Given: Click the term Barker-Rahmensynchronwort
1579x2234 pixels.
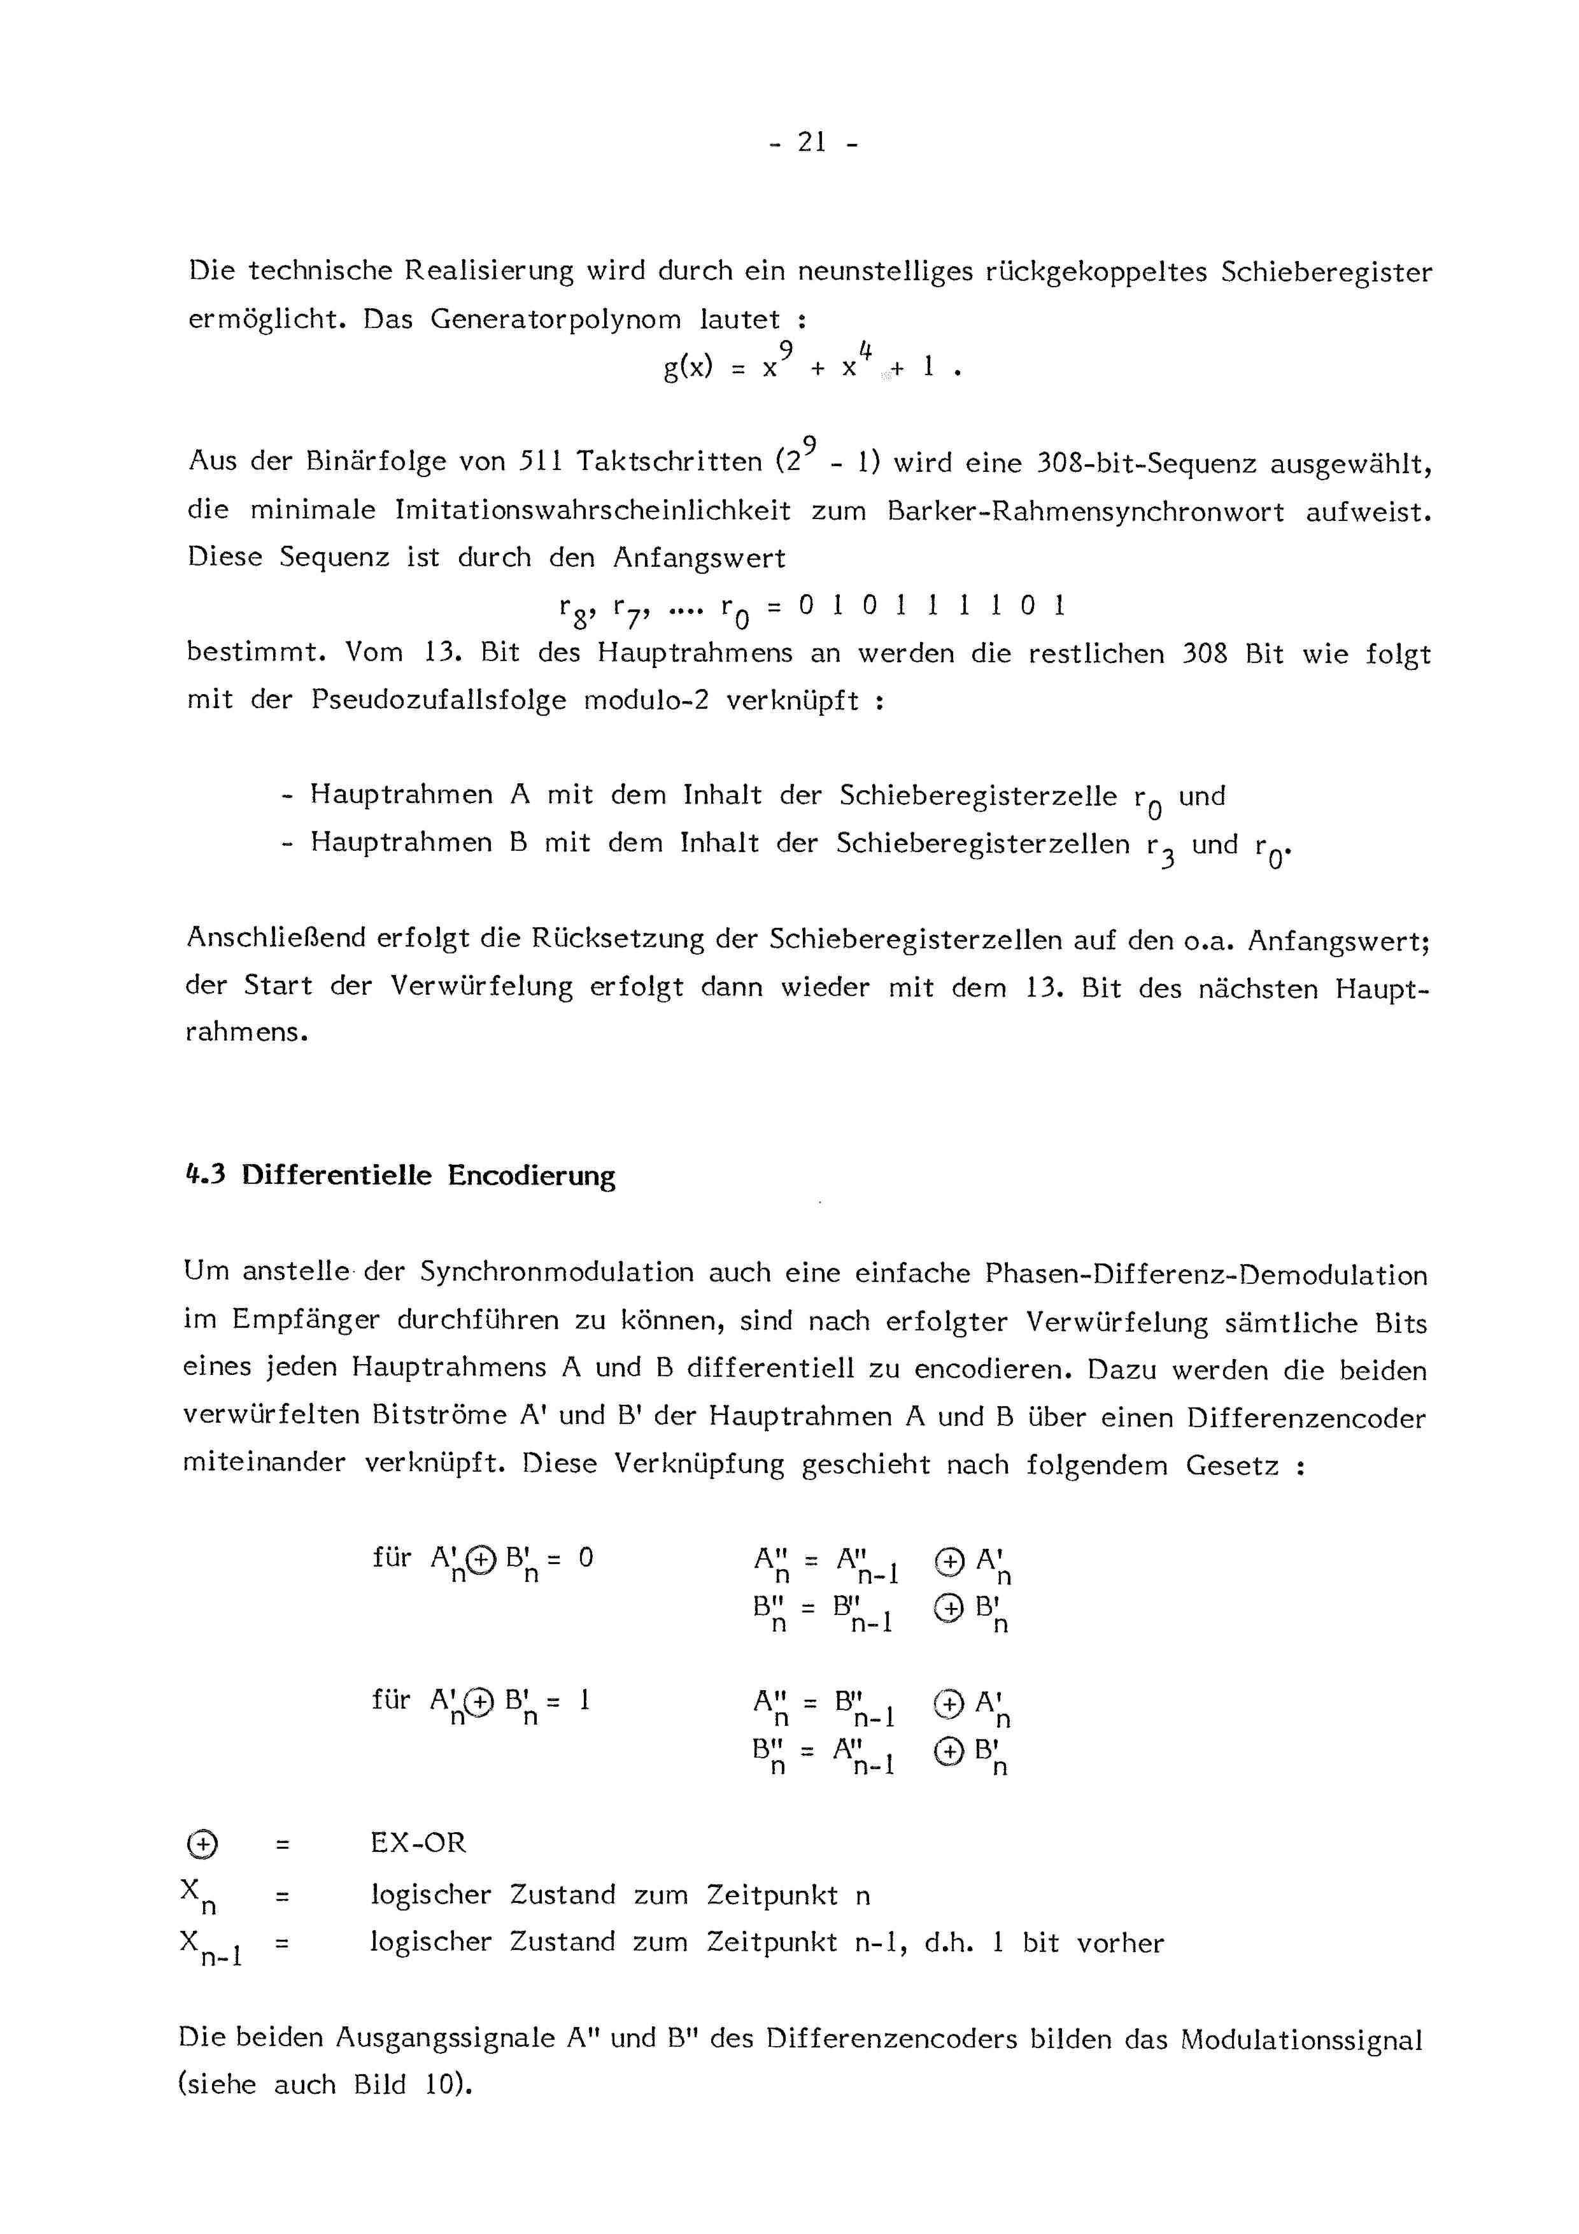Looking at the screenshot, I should [1085, 512].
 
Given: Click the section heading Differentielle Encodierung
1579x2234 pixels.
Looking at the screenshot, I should [428, 1176].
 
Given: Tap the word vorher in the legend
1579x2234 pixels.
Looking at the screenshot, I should [1120, 1943].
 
